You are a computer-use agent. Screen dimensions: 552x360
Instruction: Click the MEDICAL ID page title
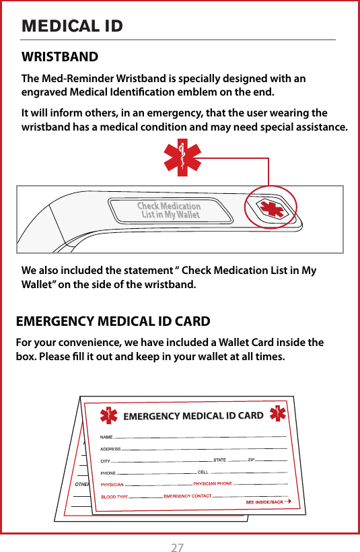(x=73, y=26)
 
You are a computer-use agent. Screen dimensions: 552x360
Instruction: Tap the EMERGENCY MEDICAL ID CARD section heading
(x=112, y=321)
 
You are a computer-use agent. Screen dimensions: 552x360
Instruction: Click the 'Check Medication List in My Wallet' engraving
(x=169, y=211)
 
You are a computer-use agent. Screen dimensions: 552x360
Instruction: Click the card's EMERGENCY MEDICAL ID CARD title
(x=193, y=415)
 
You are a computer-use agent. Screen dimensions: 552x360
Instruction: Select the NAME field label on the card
(x=107, y=438)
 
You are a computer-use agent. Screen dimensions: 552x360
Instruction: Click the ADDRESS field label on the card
(x=110, y=449)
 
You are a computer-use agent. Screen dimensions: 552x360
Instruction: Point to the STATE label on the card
(x=219, y=460)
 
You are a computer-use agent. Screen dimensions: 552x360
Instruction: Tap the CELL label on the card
(x=203, y=472)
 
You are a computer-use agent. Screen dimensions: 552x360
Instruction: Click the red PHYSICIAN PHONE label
(x=213, y=483)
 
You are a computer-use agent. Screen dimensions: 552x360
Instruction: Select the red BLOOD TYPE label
(x=114, y=497)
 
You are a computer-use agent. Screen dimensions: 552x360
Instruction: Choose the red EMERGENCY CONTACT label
(x=188, y=496)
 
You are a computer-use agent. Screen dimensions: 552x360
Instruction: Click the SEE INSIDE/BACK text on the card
(x=264, y=502)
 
